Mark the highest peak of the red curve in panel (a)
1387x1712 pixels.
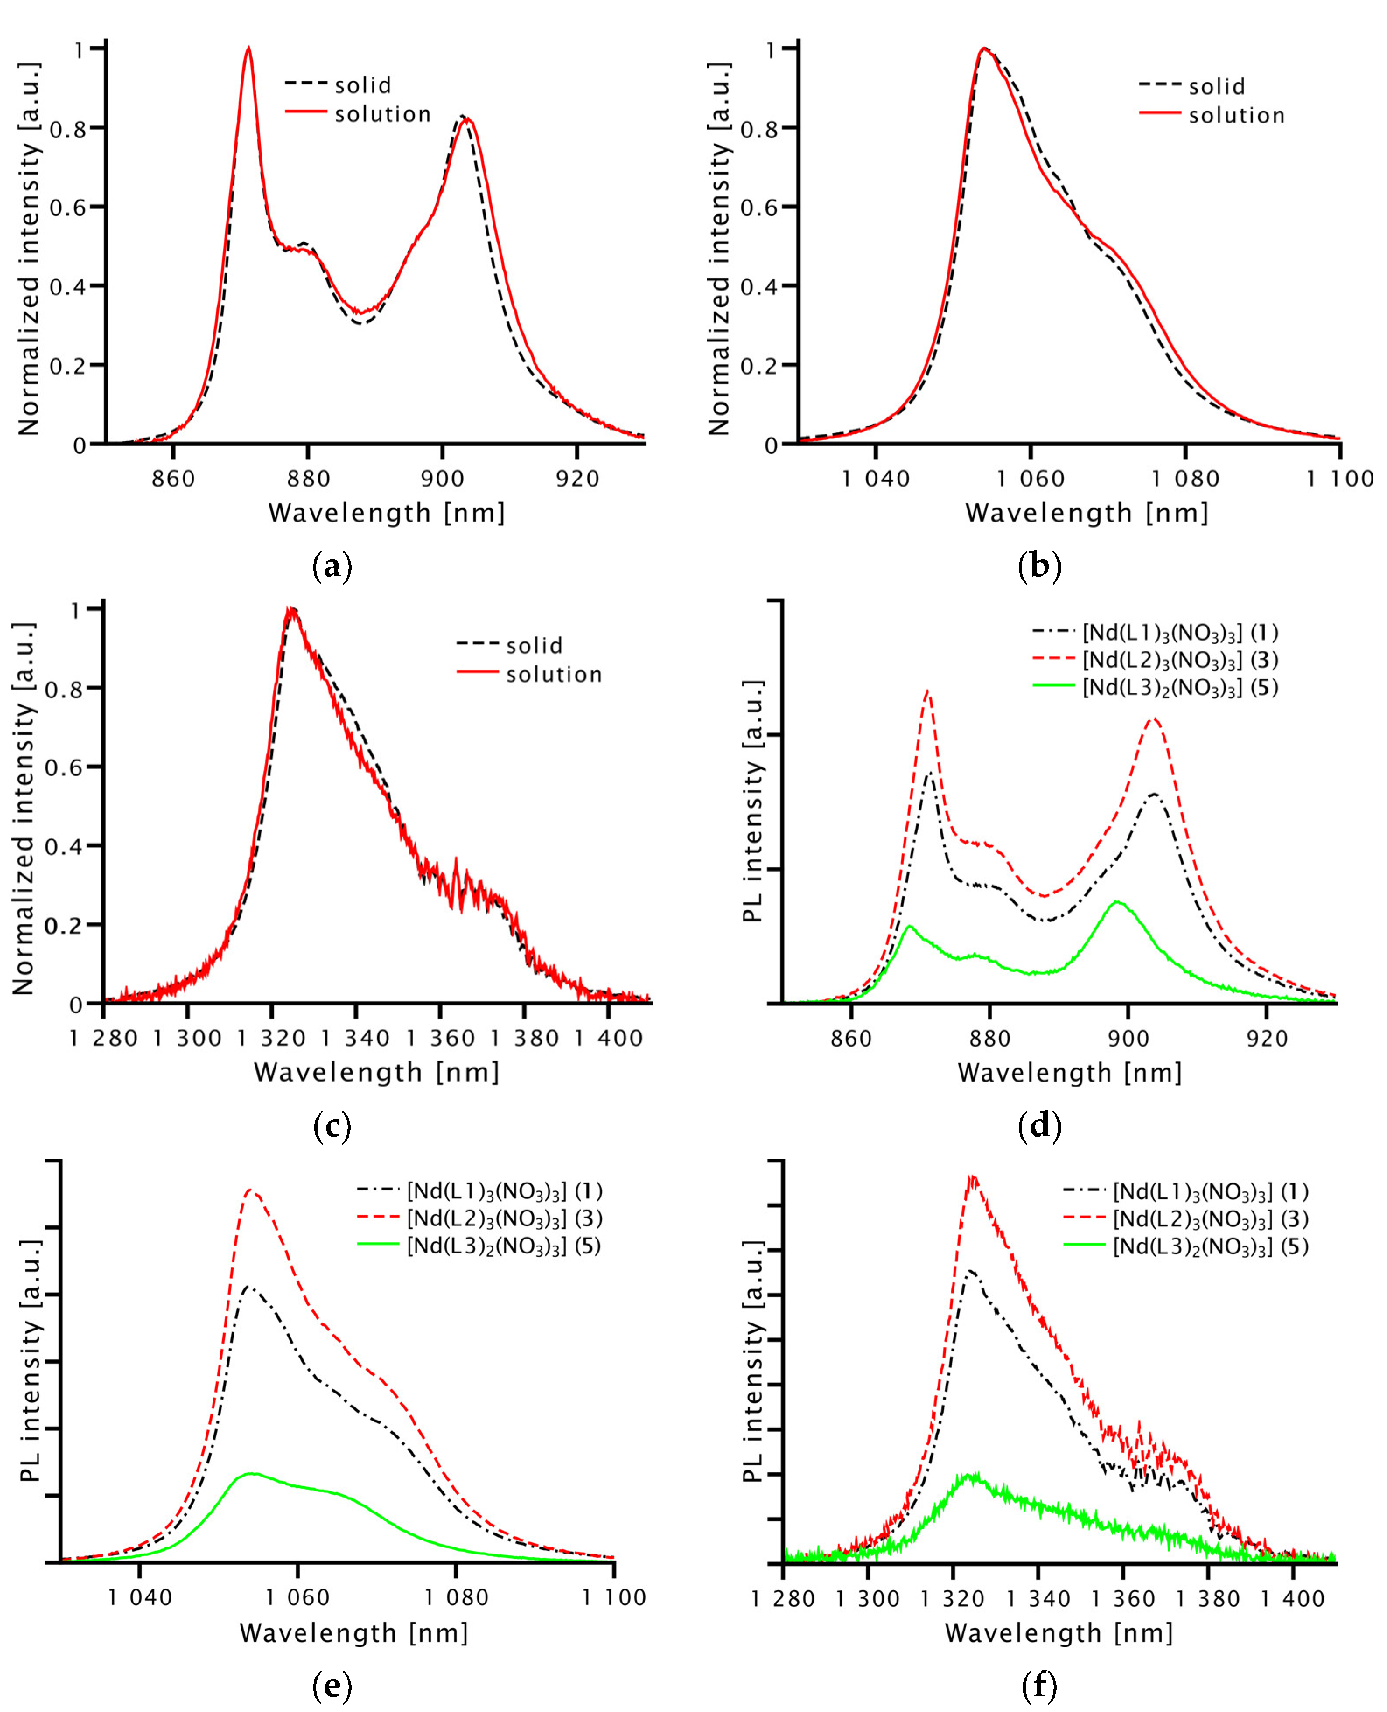click(248, 48)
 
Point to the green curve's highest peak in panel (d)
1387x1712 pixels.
click(1118, 902)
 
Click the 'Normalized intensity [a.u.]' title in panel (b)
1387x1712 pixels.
click(719, 248)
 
